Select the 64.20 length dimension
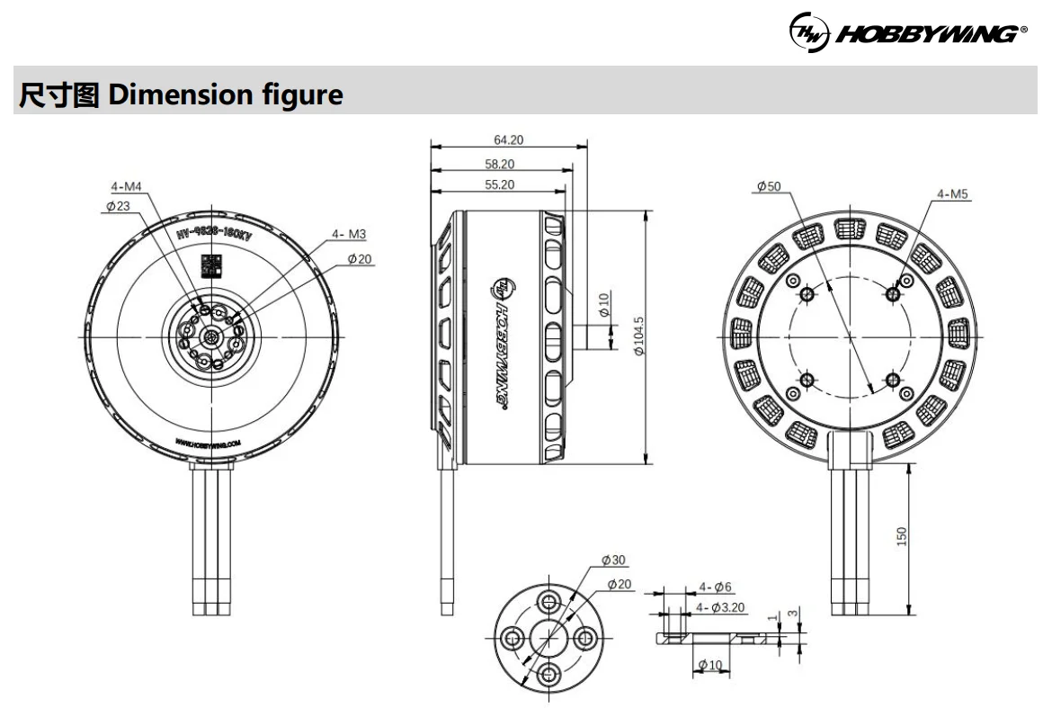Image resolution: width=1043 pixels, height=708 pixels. [x=508, y=139]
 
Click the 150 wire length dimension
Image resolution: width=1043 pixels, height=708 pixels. [x=902, y=535]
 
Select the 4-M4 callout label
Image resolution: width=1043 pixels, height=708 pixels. [x=126, y=187]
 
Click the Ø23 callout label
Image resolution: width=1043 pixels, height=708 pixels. [x=118, y=205]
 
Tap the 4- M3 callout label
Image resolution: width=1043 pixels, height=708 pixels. [x=349, y=234]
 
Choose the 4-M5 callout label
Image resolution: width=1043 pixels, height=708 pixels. [x=952, y=193]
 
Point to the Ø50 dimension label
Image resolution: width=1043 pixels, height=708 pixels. [x=770, y=186]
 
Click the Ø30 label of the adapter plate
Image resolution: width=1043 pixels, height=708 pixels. [x=614, y=560]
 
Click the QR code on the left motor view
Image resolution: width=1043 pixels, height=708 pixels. [x=210, y=265]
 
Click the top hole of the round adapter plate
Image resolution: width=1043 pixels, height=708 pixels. [x=548, y=601]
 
